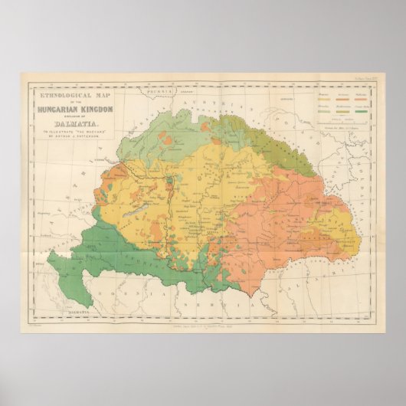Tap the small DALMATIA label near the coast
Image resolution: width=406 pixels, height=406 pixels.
(x=74, y=313)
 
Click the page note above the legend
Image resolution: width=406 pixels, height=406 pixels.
(x=365, y=80)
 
